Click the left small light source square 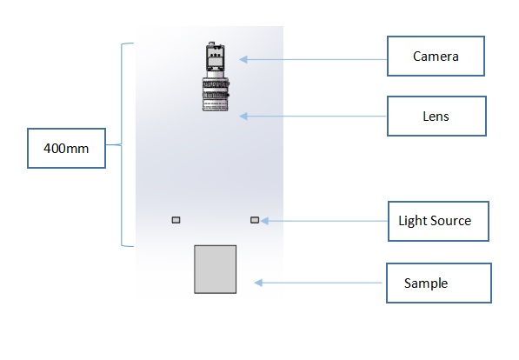(176, 220)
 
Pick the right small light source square (255, 220)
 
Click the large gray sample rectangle (215, 270)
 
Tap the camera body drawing (215, 57)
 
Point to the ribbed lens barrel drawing (216, 94)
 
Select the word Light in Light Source (412, 221)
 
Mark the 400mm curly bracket (122, 144)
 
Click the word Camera (436, 57)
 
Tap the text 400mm (66, 149)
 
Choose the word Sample (426, 283)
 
